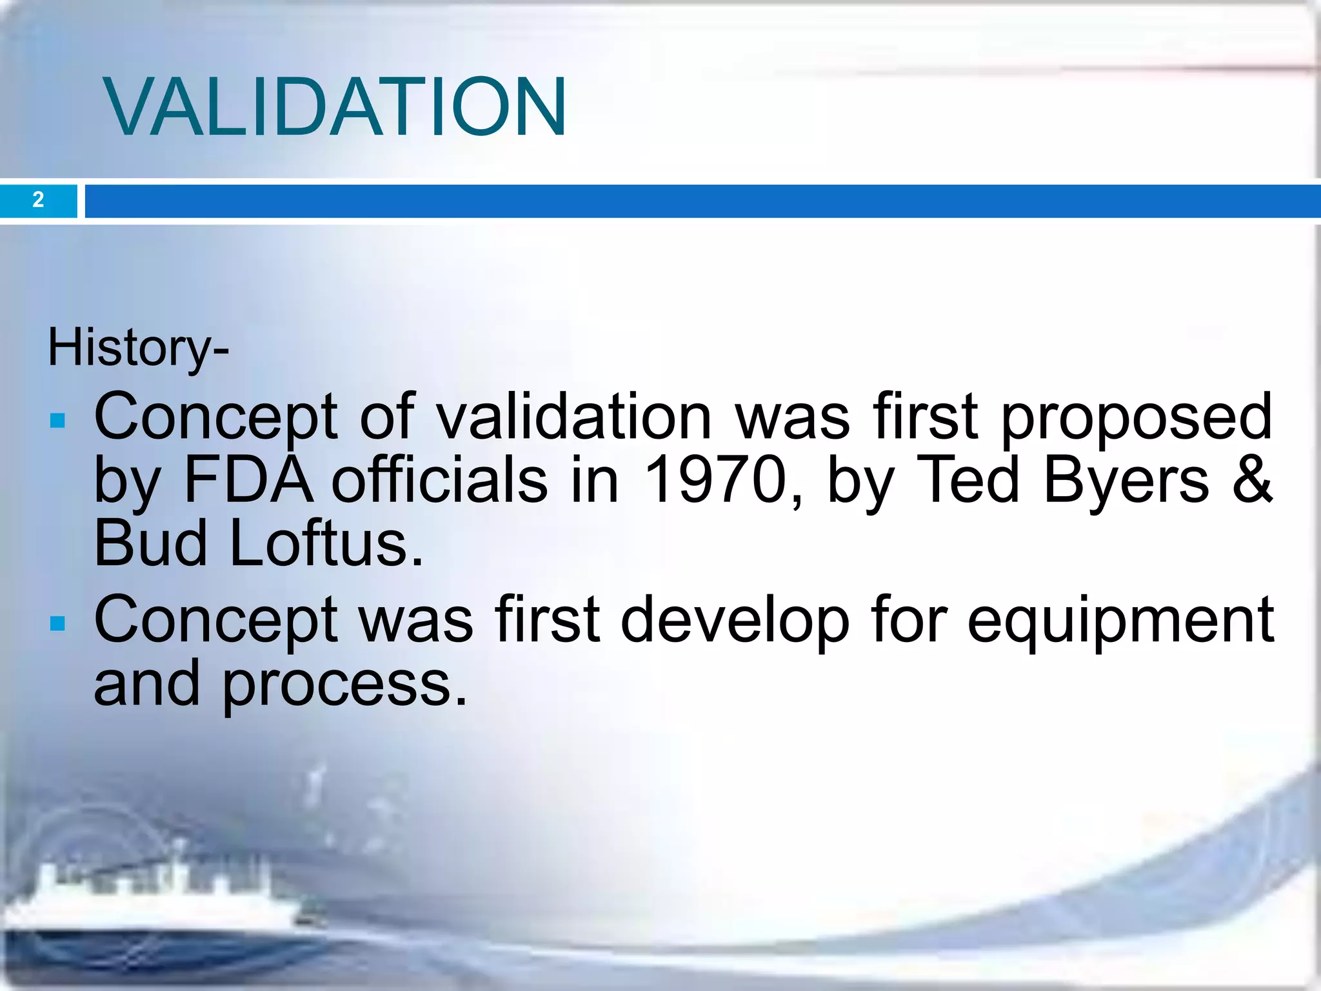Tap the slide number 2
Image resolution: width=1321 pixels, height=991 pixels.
(38, 200)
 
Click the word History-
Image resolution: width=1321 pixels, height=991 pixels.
(138, 348)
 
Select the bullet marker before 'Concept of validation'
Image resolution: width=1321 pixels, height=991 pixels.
(58, 421)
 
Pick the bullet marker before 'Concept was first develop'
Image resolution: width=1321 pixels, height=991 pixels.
(58, 623)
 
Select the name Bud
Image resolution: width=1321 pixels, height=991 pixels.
(150, 544)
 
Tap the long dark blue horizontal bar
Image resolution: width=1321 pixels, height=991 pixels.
(702, 201)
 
